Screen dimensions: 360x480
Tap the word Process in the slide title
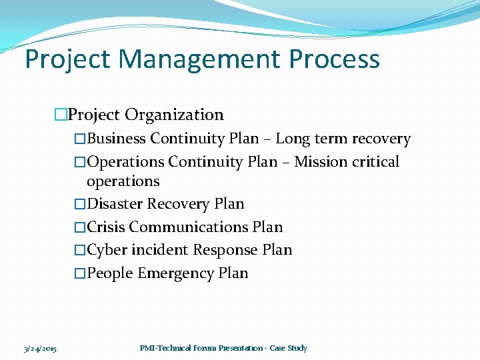(x=335, y=59)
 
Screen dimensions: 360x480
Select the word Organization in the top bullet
(x=174, y=115)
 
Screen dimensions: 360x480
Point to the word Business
(x=117, y=139)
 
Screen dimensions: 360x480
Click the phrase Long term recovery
(x=343, y=139)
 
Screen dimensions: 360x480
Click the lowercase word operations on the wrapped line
(x=123, y=181)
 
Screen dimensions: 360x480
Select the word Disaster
(x=115, y=204)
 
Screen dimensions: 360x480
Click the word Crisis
(x=107, y=227)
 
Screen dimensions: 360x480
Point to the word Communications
(x=189, y=227)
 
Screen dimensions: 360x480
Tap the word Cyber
(x=106, y=250)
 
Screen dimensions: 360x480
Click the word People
(x=110, y=273)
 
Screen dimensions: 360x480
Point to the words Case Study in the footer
(x=288, y=348)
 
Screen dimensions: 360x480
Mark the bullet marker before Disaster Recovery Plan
(x=80, y=204)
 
